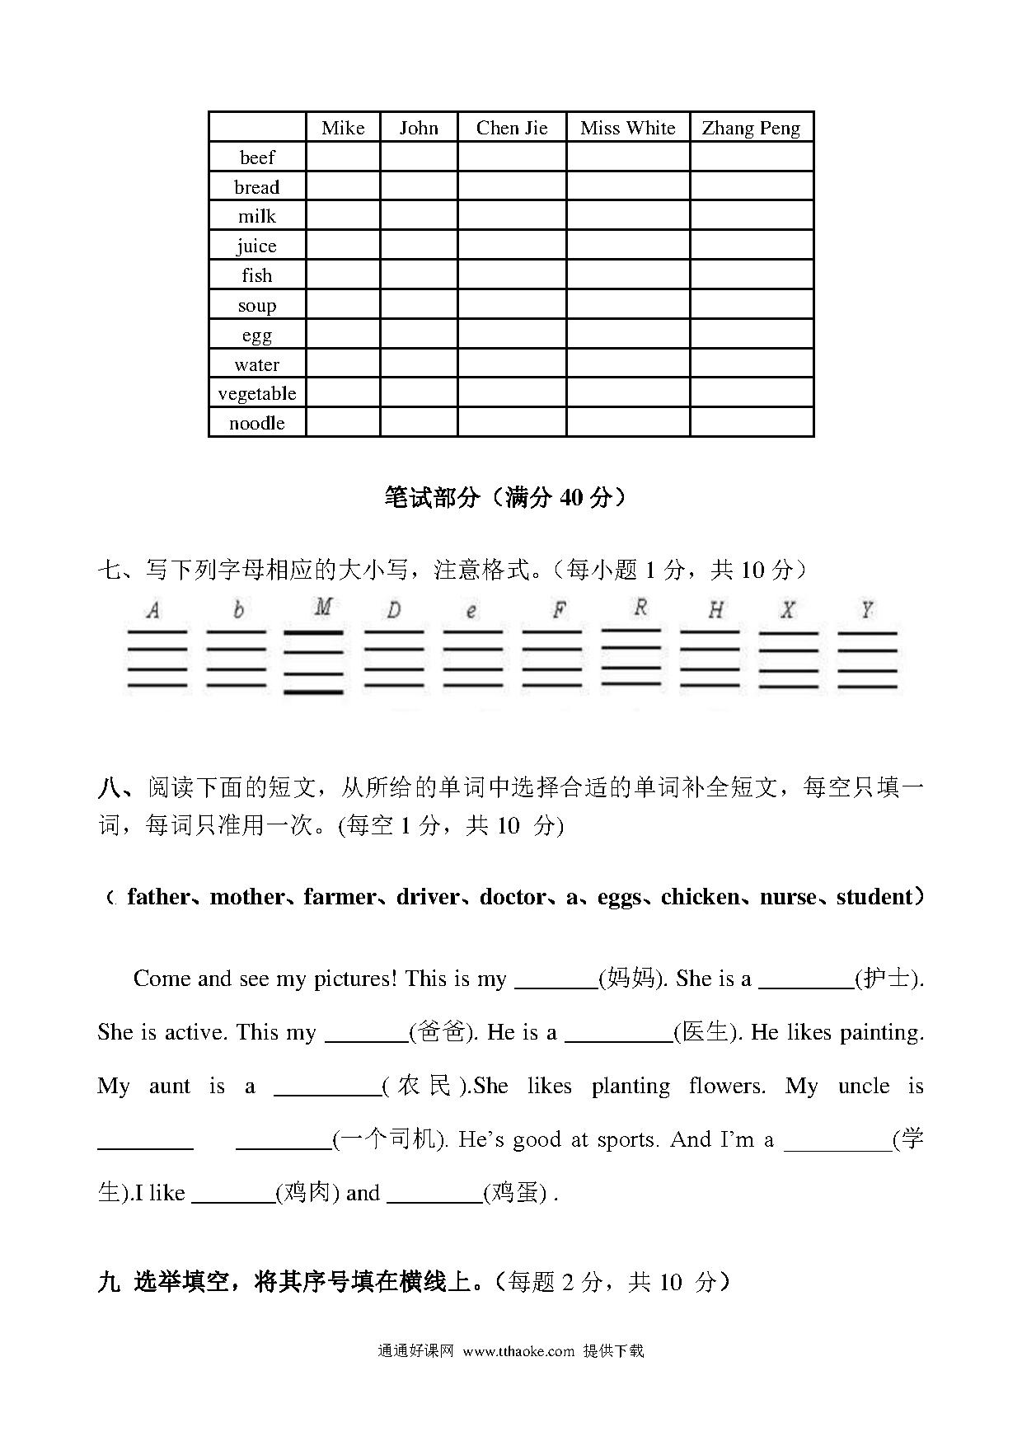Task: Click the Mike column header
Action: pyautogui.click(x=343, y=128)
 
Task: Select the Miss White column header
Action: pyautogui.click(x=627, y=128)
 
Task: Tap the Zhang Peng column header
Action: pyautogui.click(x=751, y=128)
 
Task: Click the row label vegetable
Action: pyautogui.click(x=257, y=393)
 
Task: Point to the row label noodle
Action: pyautogui.click(x=257, y=423)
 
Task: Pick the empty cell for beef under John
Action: pyautogui.click(x=419, y=157)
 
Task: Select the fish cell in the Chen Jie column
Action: pyautogui.click(x=512, y=275)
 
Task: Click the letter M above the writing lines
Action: pyautogui.click(x=323, y=608)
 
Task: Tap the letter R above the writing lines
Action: pyautogui.click(x=640, y=608)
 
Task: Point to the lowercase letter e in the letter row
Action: pyautogui.click(x=471, y=611)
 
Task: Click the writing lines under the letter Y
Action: pyautogui.click(x=867, y=660)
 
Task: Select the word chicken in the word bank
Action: pyautogui.click(x=700, y=897)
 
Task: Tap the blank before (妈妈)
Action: pyautogui.click(x=556, y=981)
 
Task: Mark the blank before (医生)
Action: pyautogui.click(x=618, y=1035)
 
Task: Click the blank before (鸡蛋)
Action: pyautogui.click(x=434, y=1195)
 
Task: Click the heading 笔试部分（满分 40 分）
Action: pyautogui.click(x=504, y=497)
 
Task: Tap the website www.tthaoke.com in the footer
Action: pyautogui.click(x=518, y=1351)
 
